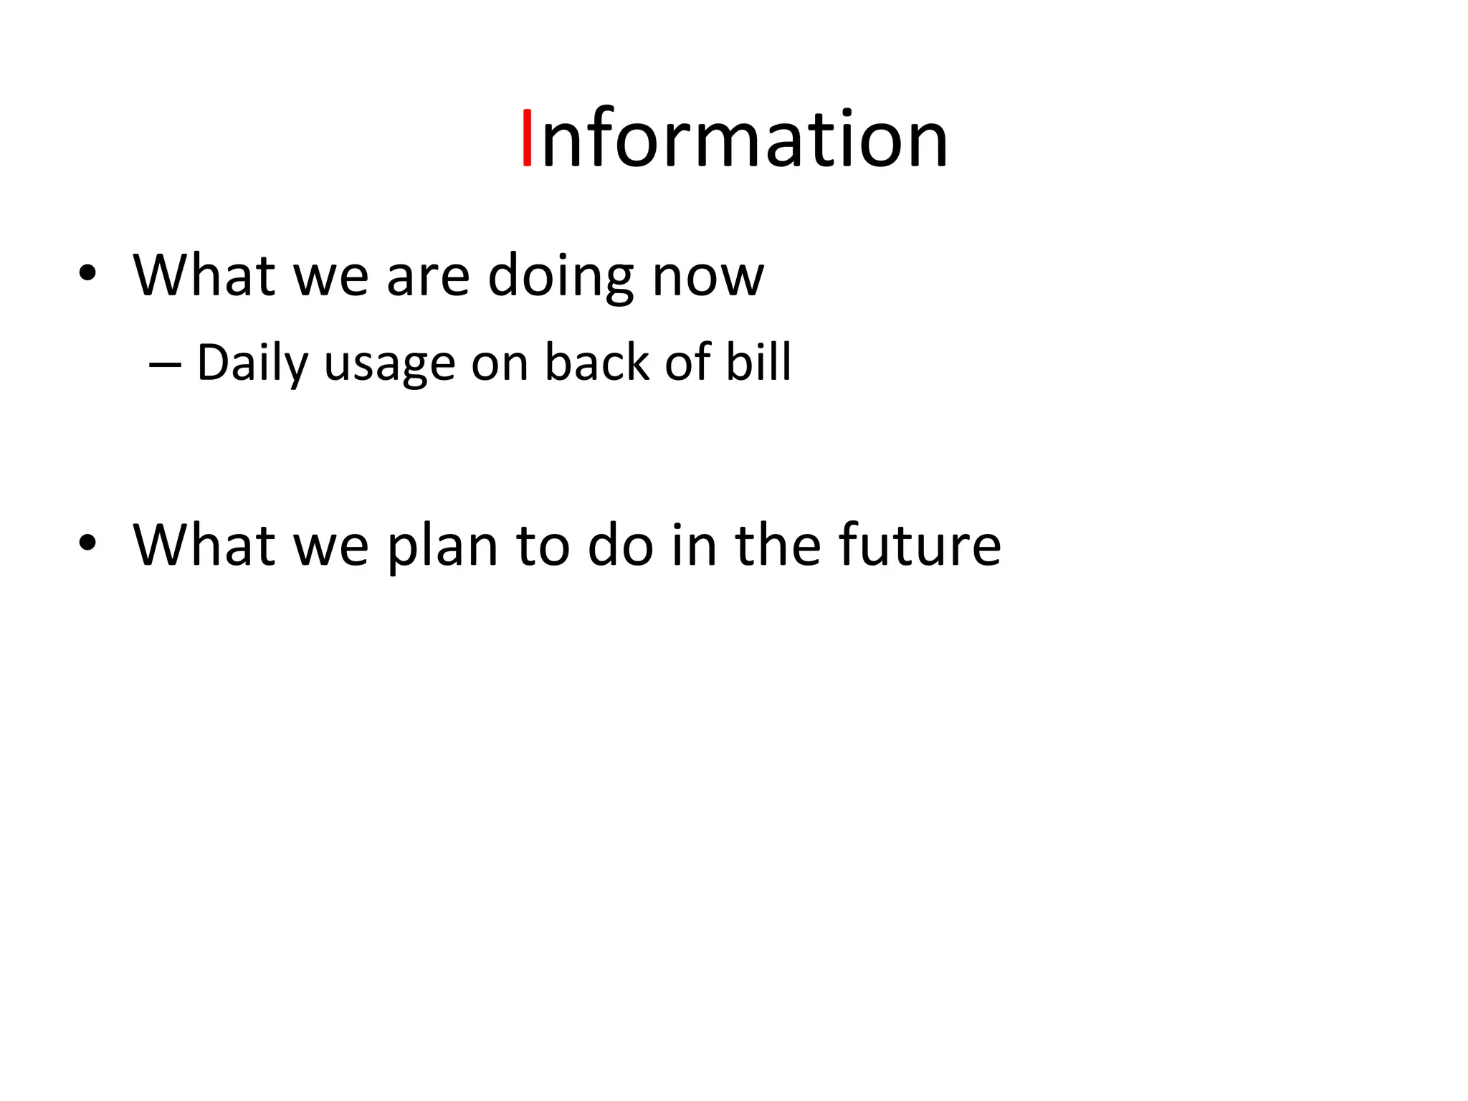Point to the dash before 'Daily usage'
point(164,364)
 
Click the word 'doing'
point(560,276)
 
